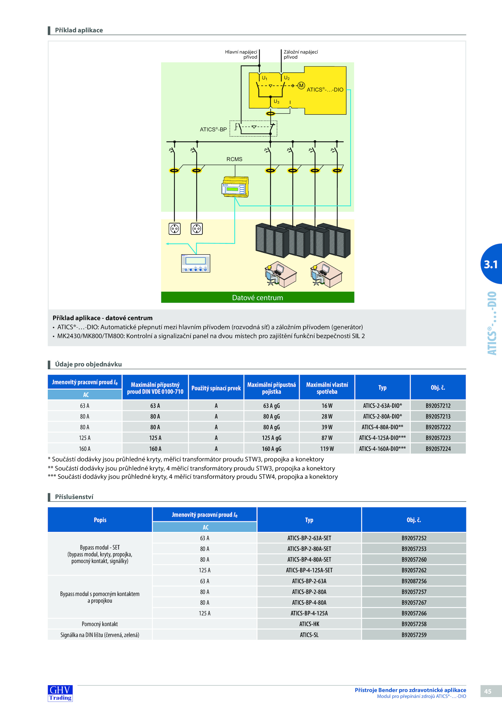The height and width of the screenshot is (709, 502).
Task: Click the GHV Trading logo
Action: tap(60, 693)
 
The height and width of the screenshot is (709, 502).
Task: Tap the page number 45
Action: tap(488, 691)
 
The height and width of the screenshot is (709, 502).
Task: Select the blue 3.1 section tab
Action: tap(491, 264)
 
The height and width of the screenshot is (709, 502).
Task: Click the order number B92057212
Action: tap(438, 406)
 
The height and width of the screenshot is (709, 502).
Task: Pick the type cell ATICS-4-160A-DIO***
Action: tap(382, 449)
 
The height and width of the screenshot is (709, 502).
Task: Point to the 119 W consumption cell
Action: tap(327, 449)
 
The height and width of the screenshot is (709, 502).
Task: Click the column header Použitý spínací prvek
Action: tap(216, 388)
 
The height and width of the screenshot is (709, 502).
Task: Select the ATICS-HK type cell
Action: tap(309, 624)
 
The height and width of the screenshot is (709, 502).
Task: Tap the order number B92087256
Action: tap(414, 581)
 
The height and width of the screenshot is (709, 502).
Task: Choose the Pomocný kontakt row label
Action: tap(100, 624)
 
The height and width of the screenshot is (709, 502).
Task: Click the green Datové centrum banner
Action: tap(258, 297)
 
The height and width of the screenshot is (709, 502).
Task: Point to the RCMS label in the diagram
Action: tap(234, 159)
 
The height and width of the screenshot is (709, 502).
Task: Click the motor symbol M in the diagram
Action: tap(301, 86)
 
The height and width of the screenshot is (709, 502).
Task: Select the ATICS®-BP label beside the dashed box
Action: tap(213, 129)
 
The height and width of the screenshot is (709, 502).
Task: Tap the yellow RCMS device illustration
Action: tap(235, 187)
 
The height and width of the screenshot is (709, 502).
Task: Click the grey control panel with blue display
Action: tap(196, 263)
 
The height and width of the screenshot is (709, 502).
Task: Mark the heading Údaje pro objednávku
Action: tap(88, 364)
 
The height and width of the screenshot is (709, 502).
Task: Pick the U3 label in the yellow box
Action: tap(276, 102)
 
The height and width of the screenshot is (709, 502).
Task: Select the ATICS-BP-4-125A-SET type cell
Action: tap(309, 570)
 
